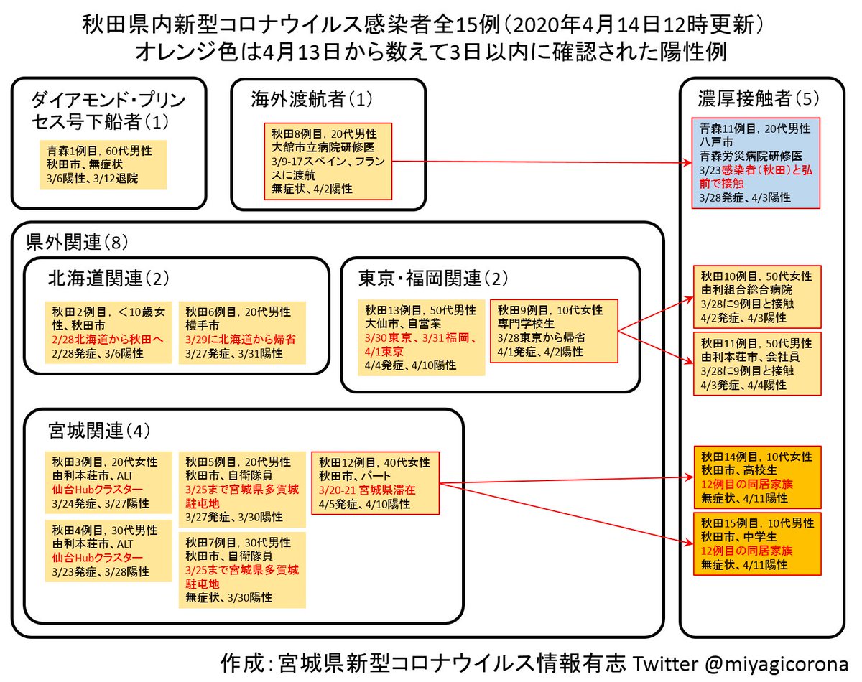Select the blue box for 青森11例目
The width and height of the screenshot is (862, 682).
pyautogui.click(x=756, y=163)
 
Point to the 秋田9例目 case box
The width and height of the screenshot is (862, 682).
pyautogui.click(x=553, y=331)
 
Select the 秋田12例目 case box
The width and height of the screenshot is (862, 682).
pyautogui.click(x=375, y=482)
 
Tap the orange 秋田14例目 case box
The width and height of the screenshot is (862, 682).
pyautogui.click(x=756, y=477)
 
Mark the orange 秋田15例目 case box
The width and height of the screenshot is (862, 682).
pyautogui.click(x=756, y=543)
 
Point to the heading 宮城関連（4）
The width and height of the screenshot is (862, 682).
pyautogui.click(x=99, y=431)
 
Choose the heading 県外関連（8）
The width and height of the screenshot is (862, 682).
pyautogui.click(x=75, y=241)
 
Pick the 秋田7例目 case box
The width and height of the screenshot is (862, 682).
pyautogui.click(x=241, y=569)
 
